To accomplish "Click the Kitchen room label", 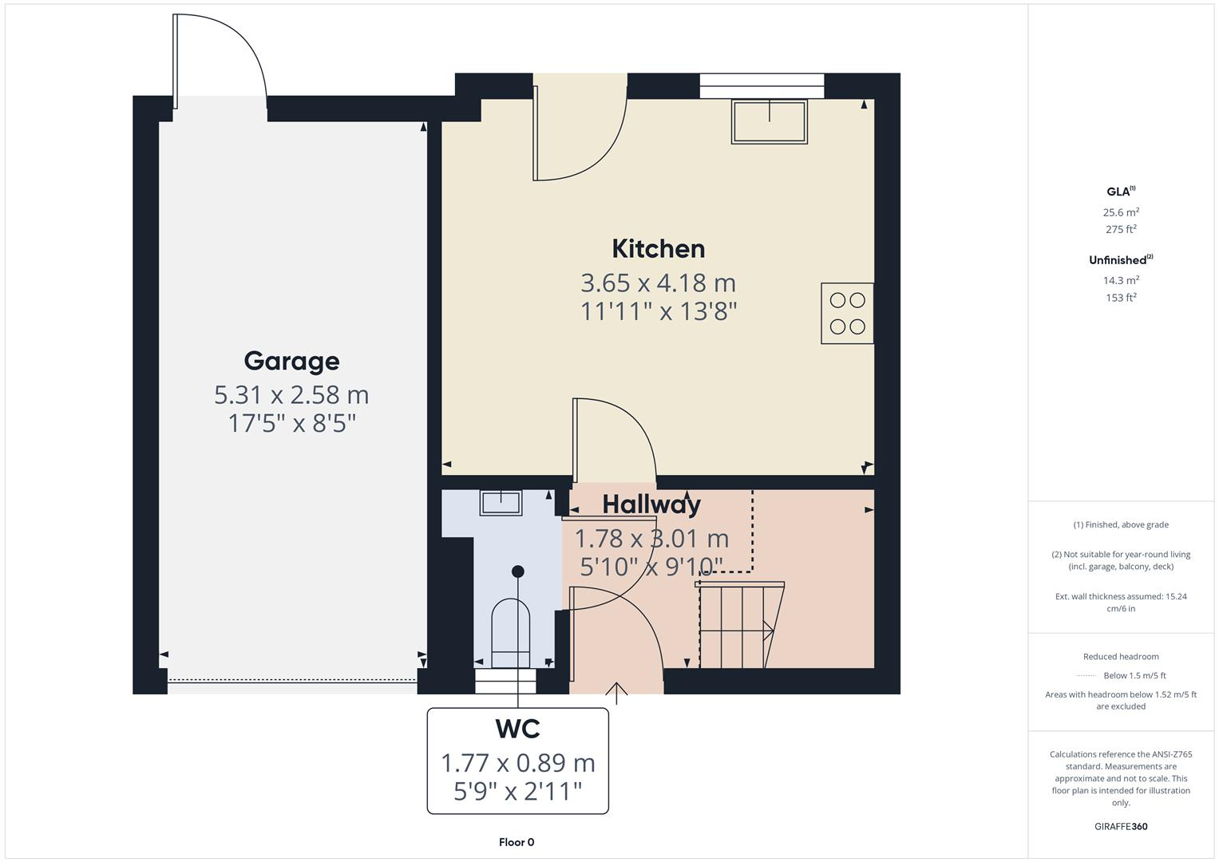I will pyautogui.click(x=658, y=249).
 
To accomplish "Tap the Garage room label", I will pyautogui.click(x=291, y=361).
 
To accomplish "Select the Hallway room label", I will pyautogui.click(x=651, y=504).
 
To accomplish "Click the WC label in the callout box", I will pyautogui.click(x=517, y=729).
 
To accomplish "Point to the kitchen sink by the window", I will pyautogui.click(x=769, y=121).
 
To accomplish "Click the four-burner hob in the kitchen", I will pyautogui.click(x=847, y=314).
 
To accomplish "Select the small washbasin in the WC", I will pyautogui.click(x=501, y=503).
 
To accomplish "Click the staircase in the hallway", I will pyautogui.click(x=738, y=625).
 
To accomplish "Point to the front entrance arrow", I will pyautogui.click(x=617, y=692).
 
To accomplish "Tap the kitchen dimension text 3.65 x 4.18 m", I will pyautogui.click(x=658, y=283).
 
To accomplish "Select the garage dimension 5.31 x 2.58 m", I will pyautogui.click(x=291, y=395).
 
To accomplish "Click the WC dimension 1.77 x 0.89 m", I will pyautogui.click(x=517, y=763).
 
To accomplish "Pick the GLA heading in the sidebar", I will pyautogui.click(x=1120, y=192).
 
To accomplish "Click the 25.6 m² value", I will pyautogui.click(x=1121, y=212).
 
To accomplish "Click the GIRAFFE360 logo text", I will pyautogui.click(x=1121, y=827).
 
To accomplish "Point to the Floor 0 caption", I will pyautogui.click(x=516, y=842).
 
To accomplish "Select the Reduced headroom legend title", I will pyautogui.click(x=1121, y=657).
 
